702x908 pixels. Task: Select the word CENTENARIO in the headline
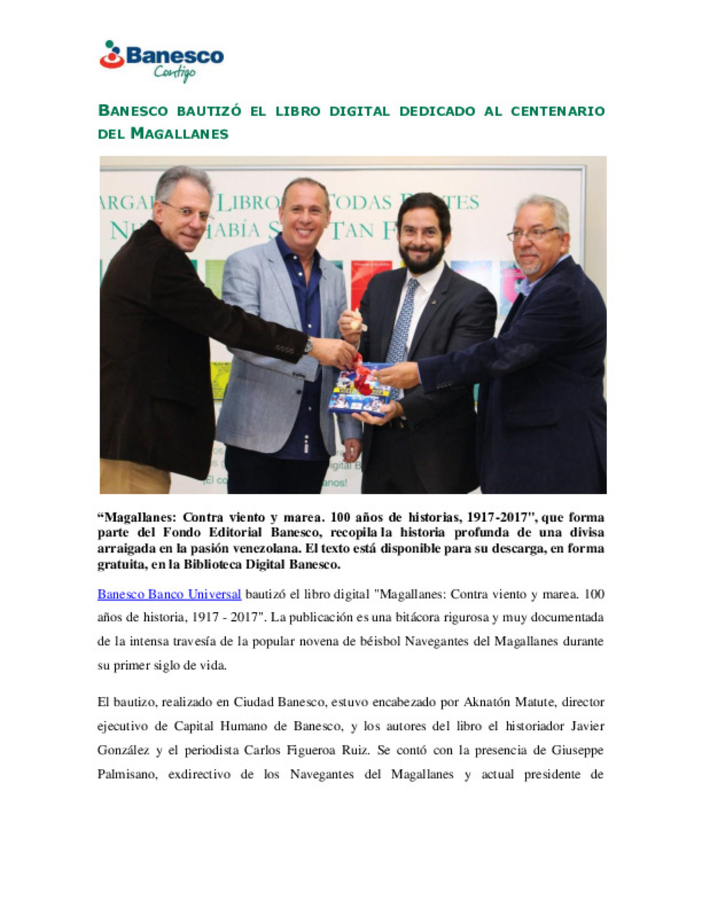[x=558, y=111]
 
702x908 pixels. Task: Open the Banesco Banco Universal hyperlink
[x=169, y=594]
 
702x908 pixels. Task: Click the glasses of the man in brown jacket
[x=187, y=211]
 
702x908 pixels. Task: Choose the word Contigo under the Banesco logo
[x=174, y=73]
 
